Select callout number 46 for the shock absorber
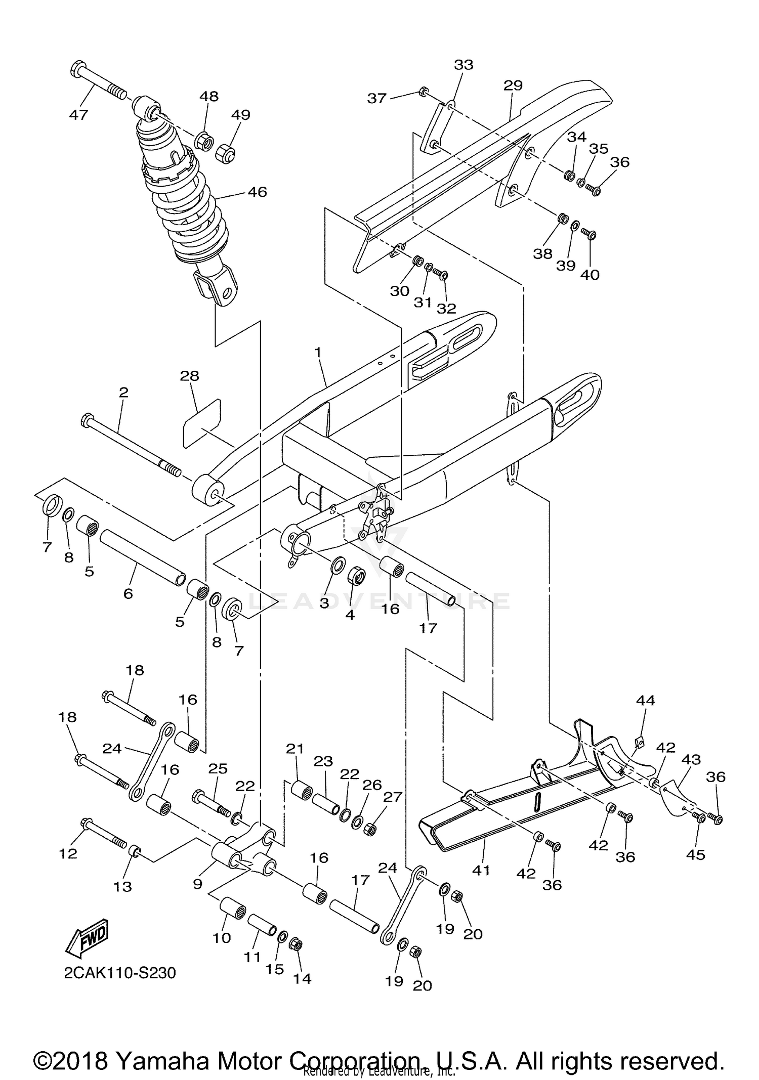click(257, 192)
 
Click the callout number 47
click(78, 115)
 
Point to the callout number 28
click(190, 376)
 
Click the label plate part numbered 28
click(202, 423)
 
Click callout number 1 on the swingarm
click(318, 352)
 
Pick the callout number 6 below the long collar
click(128, 593)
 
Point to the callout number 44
click(645, 700)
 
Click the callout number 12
click(68, 853)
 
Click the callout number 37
click(376, 98)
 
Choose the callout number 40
click(589, 275)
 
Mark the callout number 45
click(695, 854)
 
